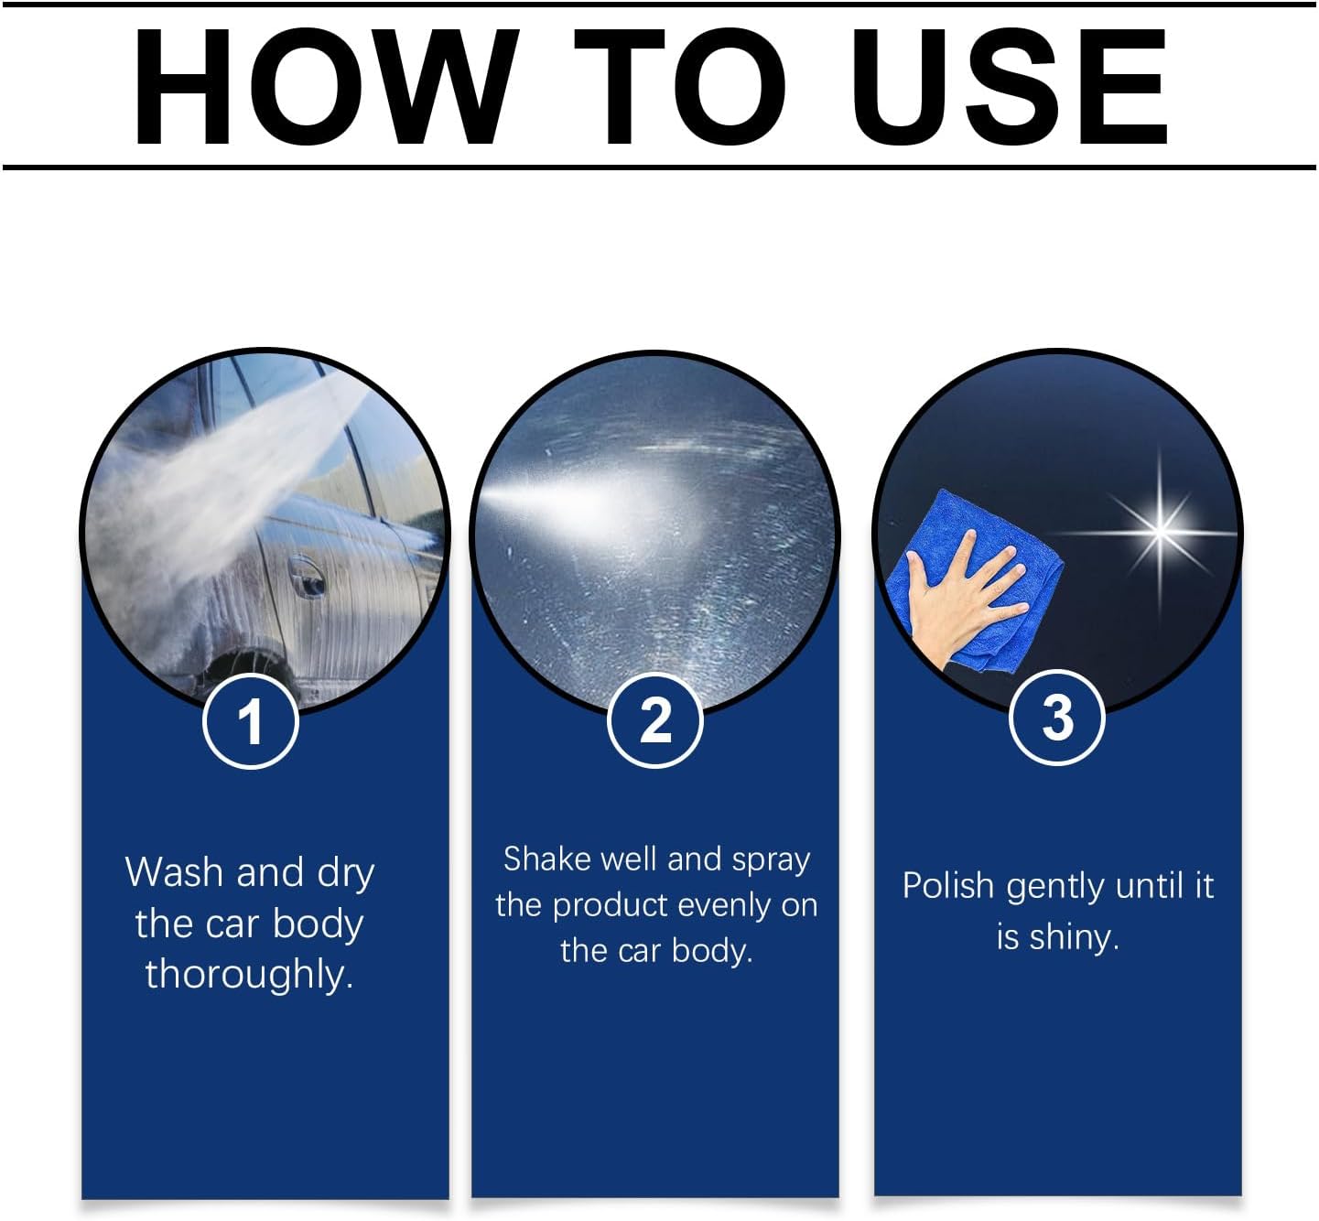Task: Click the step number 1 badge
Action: (250, 721)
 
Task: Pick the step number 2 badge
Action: (655, 719)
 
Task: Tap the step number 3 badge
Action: (1057, 718)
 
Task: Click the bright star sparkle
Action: (1160, 530)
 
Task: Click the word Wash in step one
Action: (175, 872)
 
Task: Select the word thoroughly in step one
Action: (249, 974)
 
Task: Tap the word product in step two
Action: (611, 906)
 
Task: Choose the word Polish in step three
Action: (947, 886)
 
